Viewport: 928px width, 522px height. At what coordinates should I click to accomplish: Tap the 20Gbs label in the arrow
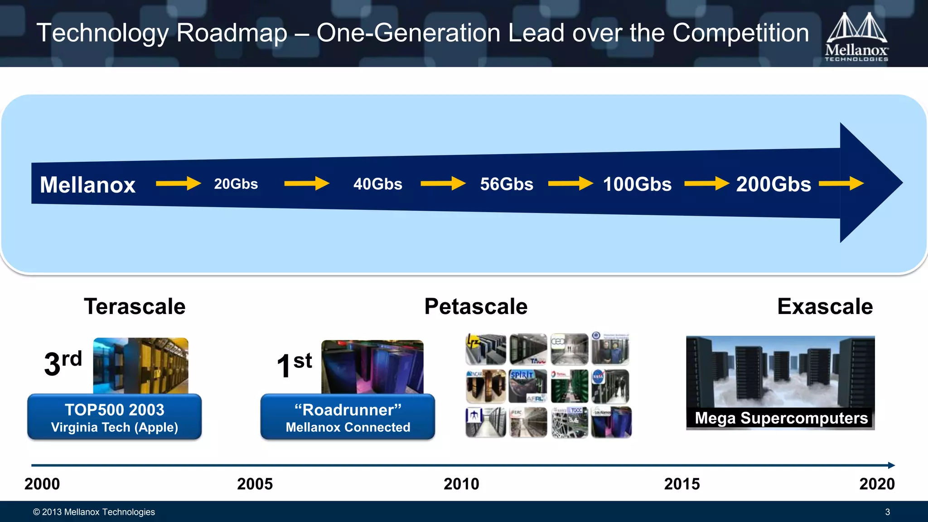point(236,184)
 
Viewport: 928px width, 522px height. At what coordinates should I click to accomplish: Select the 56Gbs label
point(507,184)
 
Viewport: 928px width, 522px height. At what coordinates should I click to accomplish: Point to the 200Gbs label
point(773,184)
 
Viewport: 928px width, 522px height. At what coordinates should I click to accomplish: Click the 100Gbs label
point(637,184)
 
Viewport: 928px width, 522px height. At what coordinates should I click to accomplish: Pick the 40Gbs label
point(377,184)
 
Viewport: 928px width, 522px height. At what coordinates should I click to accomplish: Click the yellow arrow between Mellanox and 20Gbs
point(178,184)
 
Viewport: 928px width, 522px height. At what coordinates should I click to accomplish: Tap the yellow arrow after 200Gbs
point(841,184)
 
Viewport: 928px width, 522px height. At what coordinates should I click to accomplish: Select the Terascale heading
point(135,306)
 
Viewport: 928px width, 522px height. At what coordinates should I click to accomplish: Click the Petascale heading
point(476,306)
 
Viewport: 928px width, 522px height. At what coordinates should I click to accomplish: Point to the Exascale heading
point(825,306)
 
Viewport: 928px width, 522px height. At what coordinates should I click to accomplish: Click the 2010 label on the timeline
point(461,484)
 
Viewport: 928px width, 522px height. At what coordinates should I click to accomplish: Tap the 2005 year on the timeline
point(255,484)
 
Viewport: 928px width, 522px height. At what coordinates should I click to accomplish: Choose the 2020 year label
point(877,484)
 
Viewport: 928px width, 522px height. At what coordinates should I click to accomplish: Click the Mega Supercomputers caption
point(781,418)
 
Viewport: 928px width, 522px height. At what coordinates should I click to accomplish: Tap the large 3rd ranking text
point(63,362)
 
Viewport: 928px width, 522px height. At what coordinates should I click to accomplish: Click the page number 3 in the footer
point(887,512)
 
